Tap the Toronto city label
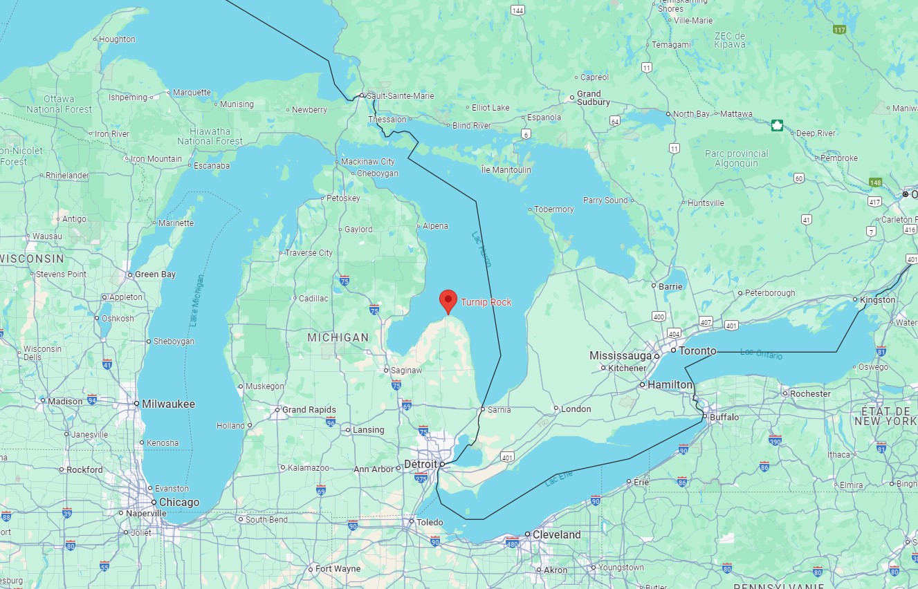pos(697,350)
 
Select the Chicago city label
pos(179,503)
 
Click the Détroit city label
pos(421,464)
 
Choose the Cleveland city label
pos(556,534)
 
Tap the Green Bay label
pos(155,274)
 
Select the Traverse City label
pos(309,253)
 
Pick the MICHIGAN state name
pos(338,337)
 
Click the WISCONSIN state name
pos(33,259)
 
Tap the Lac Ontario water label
pos(761,354)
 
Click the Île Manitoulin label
pos(506,169)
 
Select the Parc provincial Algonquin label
pos(736,158)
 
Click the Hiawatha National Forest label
pos(210,135)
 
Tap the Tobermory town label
pos(554,209)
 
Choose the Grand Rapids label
pos(309,410)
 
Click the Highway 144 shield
pos(517,10)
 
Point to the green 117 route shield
pos(840,30)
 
